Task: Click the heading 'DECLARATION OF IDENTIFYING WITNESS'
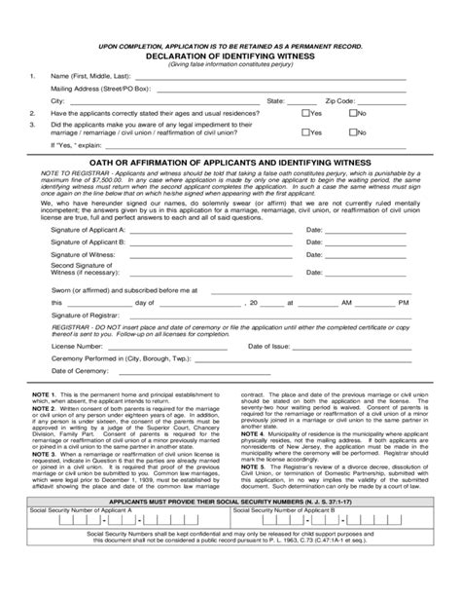tap(231, 56)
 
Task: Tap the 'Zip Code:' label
tap(341, 100)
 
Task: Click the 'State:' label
tap(275, 100)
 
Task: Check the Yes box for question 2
tap(304, 113)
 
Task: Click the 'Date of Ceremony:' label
tap(79, 371)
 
